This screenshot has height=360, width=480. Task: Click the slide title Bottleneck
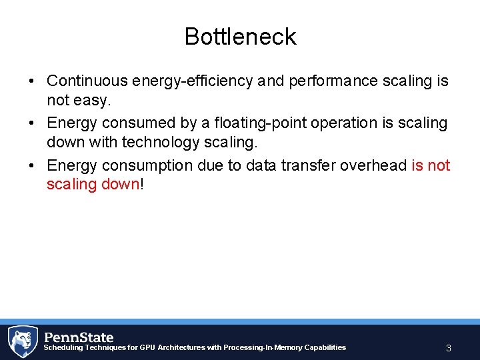(240, 37)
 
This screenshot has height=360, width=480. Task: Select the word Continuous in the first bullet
(87, 81)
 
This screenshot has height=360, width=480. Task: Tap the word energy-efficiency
(193, 81)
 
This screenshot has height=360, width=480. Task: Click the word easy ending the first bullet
(93, 101)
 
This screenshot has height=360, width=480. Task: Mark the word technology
(166, 142)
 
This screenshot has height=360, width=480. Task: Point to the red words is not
(431, 165)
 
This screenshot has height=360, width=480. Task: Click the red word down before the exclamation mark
(123, 184)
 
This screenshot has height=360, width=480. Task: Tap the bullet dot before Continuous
(31, 81)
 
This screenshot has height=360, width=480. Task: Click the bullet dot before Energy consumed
(31, 123)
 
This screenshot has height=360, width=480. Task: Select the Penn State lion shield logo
(22, 341)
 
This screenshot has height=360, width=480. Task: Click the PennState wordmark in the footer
(79, 337)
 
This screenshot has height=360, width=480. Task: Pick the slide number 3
(449, 348)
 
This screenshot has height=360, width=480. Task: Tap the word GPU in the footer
(147, 347)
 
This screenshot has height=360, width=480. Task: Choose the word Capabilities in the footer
(325, 347)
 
